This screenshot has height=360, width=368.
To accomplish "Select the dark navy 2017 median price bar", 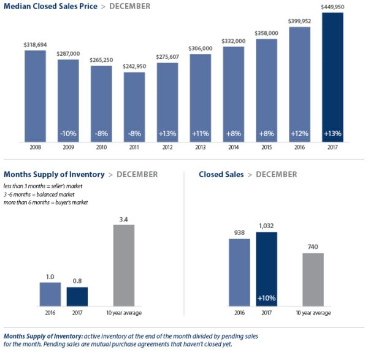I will click(332, 80).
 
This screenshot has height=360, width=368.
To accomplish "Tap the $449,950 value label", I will click(332, 7).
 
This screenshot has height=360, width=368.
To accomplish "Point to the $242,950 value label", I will click(134, 66).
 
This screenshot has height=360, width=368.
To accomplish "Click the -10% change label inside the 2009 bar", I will click(68, 134).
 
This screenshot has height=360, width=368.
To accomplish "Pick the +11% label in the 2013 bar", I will click(201, 134).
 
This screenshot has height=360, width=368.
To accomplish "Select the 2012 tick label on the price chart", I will click(167, 148).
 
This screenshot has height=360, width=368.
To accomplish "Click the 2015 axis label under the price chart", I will click(266, 148).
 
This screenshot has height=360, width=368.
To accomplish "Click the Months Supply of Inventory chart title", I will click(54, 175).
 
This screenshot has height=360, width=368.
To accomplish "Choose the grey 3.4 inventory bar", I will click(125, 265).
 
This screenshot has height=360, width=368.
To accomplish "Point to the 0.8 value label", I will click(77, 281).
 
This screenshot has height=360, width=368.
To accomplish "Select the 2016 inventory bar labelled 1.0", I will click(50, 294).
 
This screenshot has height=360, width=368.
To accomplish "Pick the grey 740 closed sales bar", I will click(313, 279).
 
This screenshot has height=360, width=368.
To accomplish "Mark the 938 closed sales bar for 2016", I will click(239, 272).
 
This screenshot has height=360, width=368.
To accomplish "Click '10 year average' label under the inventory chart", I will click(125, 313).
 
